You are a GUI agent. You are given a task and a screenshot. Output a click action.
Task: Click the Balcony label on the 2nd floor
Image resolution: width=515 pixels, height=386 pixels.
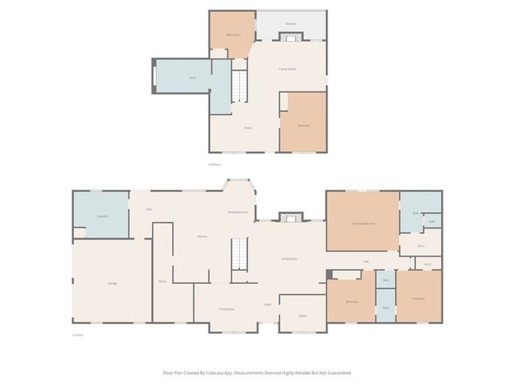[291, 24]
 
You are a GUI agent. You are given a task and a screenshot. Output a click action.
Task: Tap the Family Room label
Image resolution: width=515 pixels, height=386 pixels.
[287, 69]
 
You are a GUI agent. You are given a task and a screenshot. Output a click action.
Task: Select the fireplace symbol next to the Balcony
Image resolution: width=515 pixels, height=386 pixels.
[291, 36]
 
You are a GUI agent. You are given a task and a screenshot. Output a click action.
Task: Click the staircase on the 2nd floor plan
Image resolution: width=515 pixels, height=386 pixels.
[238, 85]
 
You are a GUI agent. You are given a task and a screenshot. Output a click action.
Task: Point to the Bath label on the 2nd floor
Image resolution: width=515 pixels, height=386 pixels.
[193, 78]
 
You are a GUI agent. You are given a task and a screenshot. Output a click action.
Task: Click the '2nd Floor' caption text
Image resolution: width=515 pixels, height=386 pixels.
[214, 164]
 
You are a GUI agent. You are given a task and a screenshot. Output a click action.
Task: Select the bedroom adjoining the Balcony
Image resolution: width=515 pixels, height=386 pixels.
[233, 35]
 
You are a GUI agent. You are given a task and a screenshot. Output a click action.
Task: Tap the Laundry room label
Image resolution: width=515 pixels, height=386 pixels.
[102, 216]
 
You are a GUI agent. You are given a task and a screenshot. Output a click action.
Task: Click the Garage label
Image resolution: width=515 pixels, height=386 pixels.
[113, 283]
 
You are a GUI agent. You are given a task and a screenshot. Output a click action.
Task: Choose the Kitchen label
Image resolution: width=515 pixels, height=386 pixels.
[203, 236]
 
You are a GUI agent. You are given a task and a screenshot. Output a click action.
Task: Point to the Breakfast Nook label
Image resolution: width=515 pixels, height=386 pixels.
[238, 211]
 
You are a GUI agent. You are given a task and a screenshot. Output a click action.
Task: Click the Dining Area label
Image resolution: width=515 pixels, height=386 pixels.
[227, 309]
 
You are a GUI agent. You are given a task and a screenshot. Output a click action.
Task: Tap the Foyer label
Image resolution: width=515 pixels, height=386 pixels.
[267, 305]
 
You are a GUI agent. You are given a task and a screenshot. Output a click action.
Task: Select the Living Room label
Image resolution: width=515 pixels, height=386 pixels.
[289, 259]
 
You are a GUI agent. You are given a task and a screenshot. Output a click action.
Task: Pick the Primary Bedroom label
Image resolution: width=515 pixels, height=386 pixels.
[363, 224]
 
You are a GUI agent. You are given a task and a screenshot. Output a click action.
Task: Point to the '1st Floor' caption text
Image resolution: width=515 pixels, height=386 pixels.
[78, 335]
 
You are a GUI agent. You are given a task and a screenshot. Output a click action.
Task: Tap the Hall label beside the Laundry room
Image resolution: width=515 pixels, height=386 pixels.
[150, 210]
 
